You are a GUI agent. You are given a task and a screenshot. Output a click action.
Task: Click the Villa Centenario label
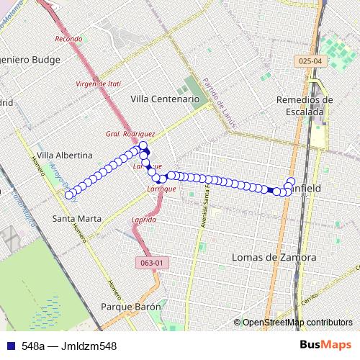(x=164, y=98)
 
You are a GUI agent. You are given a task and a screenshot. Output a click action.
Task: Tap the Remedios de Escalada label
(x=305, y=105)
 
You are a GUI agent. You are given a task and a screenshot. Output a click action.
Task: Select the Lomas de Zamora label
(x=275, y=257)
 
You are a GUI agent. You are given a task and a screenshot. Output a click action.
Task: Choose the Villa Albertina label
(x=64, y=155)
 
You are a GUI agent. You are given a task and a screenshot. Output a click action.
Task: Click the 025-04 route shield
(x=307, y=63)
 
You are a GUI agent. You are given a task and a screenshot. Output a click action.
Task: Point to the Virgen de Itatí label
(x=98, y=84)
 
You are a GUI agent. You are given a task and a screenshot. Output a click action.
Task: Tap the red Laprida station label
(x=144, y=219)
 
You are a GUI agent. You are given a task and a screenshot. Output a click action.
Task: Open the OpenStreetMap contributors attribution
(x=297, y=323)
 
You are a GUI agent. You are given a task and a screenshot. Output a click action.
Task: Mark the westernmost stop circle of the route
(x=69, y=195)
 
